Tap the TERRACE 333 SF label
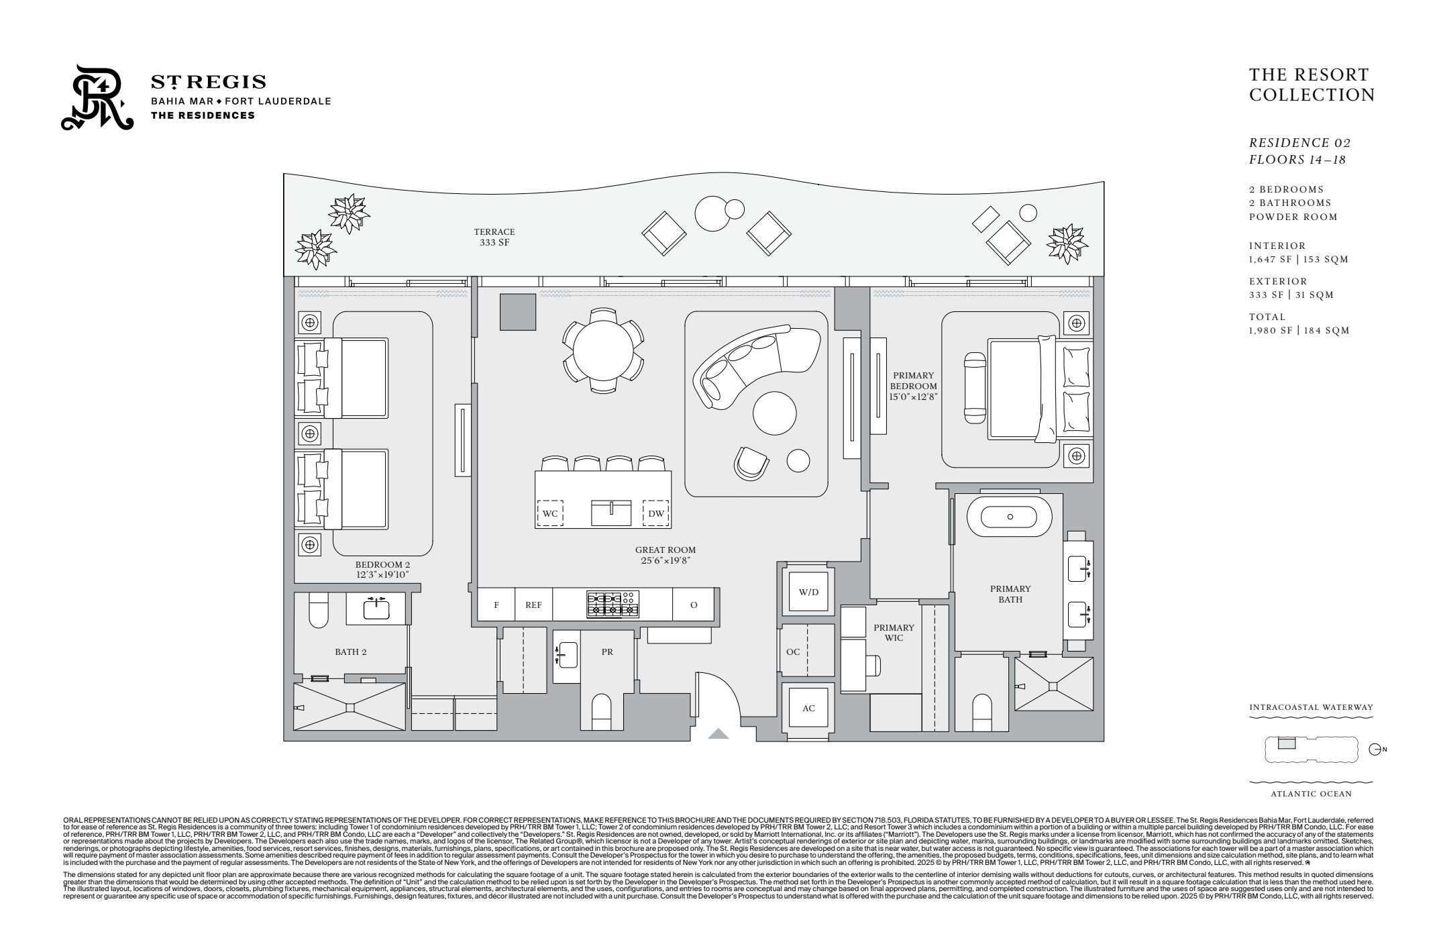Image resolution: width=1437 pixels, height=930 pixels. tap(494, 237)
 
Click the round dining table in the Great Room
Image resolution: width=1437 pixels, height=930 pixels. tap(602, 350)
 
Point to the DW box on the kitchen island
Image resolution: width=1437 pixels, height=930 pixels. tap(655, 514)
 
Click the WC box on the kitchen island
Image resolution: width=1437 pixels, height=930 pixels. tap(550, 514)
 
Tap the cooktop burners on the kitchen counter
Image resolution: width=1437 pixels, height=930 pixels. tap(613, 603)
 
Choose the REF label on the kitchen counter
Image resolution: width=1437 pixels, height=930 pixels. tap(533, 605)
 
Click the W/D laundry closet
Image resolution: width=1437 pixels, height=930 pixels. tap(808, 592)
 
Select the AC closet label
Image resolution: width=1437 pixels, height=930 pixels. tap(808, 709)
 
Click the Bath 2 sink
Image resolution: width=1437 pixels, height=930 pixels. tap(376, 609)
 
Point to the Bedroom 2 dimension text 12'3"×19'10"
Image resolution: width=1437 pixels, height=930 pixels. tap(382, 574)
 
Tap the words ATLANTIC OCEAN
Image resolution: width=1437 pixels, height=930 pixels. tap(1311, 794)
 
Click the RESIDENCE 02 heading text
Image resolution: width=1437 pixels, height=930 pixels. tap(1299, 143)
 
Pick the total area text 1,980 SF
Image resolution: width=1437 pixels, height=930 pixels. tap(1271, 330)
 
